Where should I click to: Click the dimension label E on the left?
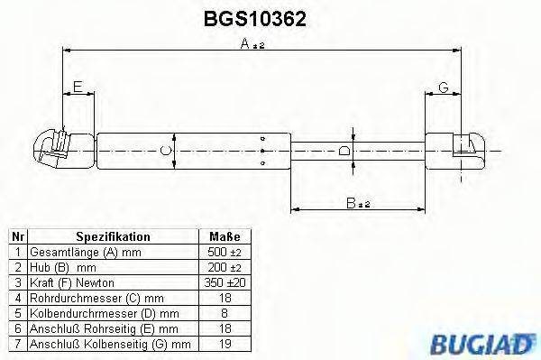pyautogui.click(x=78, y=88)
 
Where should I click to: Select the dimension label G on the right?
pyautogui.click(x=443, y=88)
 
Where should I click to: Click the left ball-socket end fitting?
pyautogui.click(x=62, y=148)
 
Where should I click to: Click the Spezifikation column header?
pyautogui.click(x=113, y=236)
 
